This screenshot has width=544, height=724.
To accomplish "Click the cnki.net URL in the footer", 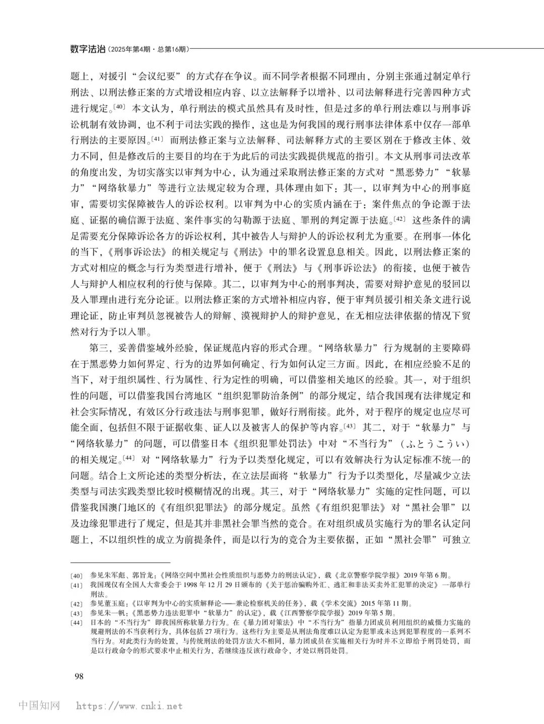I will point(129,706).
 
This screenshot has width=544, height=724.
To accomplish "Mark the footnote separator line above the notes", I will point(120,562).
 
